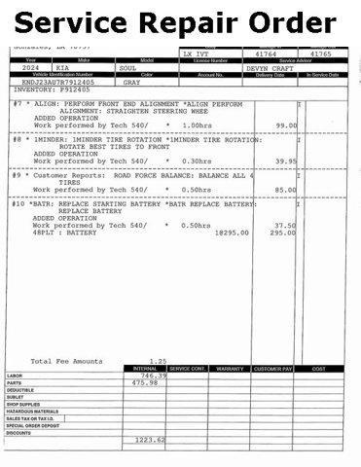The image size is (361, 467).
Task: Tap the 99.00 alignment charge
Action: coord(285,126)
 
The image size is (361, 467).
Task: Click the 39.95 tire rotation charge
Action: coord(285,162)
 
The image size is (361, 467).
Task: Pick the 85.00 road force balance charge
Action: coord(285,190)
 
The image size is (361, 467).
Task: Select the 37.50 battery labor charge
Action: coord(285,226)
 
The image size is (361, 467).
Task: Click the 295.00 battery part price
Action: coord(283,233)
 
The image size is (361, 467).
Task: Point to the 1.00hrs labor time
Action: coord(197,126)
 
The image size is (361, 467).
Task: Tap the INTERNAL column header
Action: coord(144,369)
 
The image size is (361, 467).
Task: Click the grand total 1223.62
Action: coord(149,441)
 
